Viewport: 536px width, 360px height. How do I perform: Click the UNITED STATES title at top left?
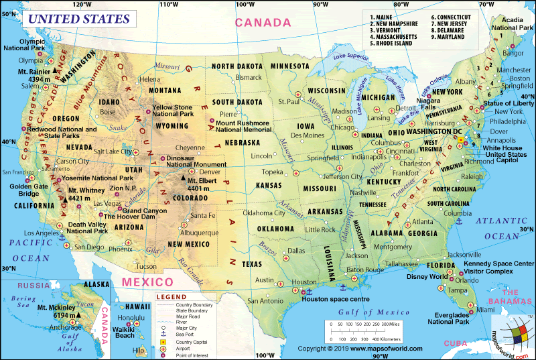78,18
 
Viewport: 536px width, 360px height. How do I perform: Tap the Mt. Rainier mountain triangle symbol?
56,71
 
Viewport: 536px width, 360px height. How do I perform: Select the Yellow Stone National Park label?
172,111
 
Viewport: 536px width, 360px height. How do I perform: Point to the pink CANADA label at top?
262,23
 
